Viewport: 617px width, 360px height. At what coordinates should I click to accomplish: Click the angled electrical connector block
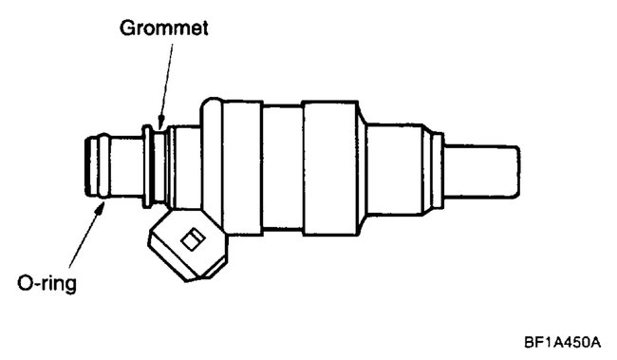tap(188, 244)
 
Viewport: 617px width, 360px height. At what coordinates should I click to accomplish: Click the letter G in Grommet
tap(127, 28)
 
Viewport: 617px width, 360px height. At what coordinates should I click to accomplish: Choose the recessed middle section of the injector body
tap(282, 168)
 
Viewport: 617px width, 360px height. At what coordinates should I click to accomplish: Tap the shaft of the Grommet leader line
tap(163, 81)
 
